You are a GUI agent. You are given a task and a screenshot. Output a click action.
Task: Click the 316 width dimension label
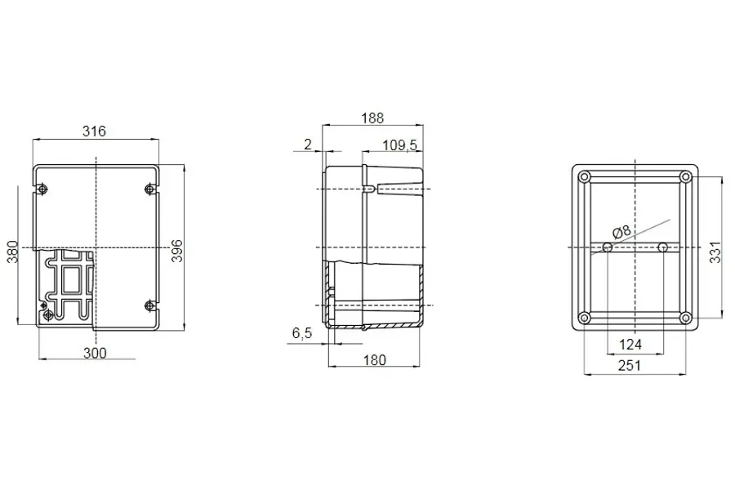pos(94,131)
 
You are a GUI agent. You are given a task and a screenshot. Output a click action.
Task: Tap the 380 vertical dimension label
pos(12,252)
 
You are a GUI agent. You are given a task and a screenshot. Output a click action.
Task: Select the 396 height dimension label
pos(176,251)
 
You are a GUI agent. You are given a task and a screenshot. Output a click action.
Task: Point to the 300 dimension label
pos(95,353)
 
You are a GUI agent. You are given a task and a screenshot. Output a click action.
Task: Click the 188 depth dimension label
pos(372,118)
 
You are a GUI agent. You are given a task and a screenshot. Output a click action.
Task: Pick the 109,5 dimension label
pos(400,145)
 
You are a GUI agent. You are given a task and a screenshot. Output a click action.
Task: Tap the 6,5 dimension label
pos(302,333)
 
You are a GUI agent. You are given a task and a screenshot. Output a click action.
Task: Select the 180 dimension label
pos(375,360)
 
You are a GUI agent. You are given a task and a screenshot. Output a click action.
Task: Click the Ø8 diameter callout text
pos(621,231)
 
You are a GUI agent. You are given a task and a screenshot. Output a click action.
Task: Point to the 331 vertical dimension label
pos(715,252)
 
